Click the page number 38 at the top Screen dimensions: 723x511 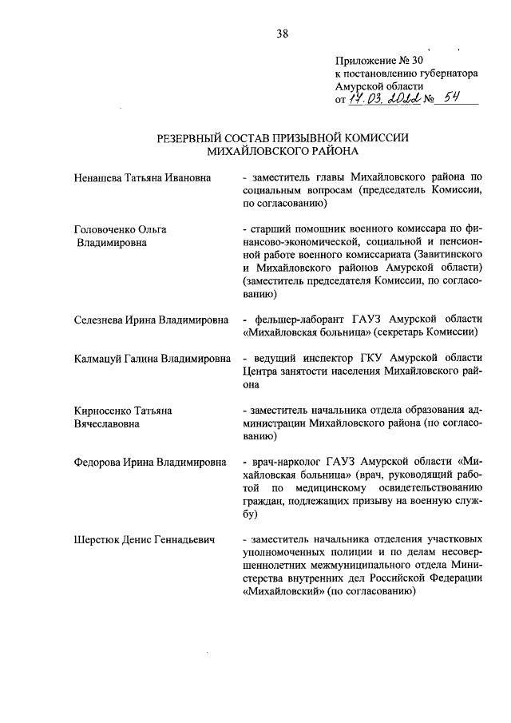(x=282, y=34)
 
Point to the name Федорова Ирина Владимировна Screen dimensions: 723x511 (x=149, y=463)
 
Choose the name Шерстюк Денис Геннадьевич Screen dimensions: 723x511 (x=145, y=541)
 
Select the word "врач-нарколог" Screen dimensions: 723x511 (x=286, y=463)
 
